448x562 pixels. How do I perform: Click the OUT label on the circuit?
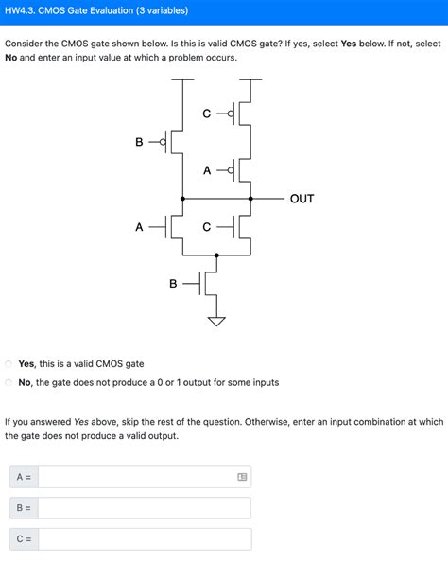(x=302, y=199)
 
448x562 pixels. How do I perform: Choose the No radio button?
(x=9, y=382)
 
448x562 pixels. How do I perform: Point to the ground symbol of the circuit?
(x=217, y=321)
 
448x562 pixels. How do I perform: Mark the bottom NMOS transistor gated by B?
(x=212, y=283)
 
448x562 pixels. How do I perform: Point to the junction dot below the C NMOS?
(x=217, y=255)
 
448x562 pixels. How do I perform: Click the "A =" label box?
(x=24, y=477)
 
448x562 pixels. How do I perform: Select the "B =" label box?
(x=24, y=508)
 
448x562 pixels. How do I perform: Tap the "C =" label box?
(x=24, y=539)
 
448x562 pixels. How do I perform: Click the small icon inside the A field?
(x=242, y=477)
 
